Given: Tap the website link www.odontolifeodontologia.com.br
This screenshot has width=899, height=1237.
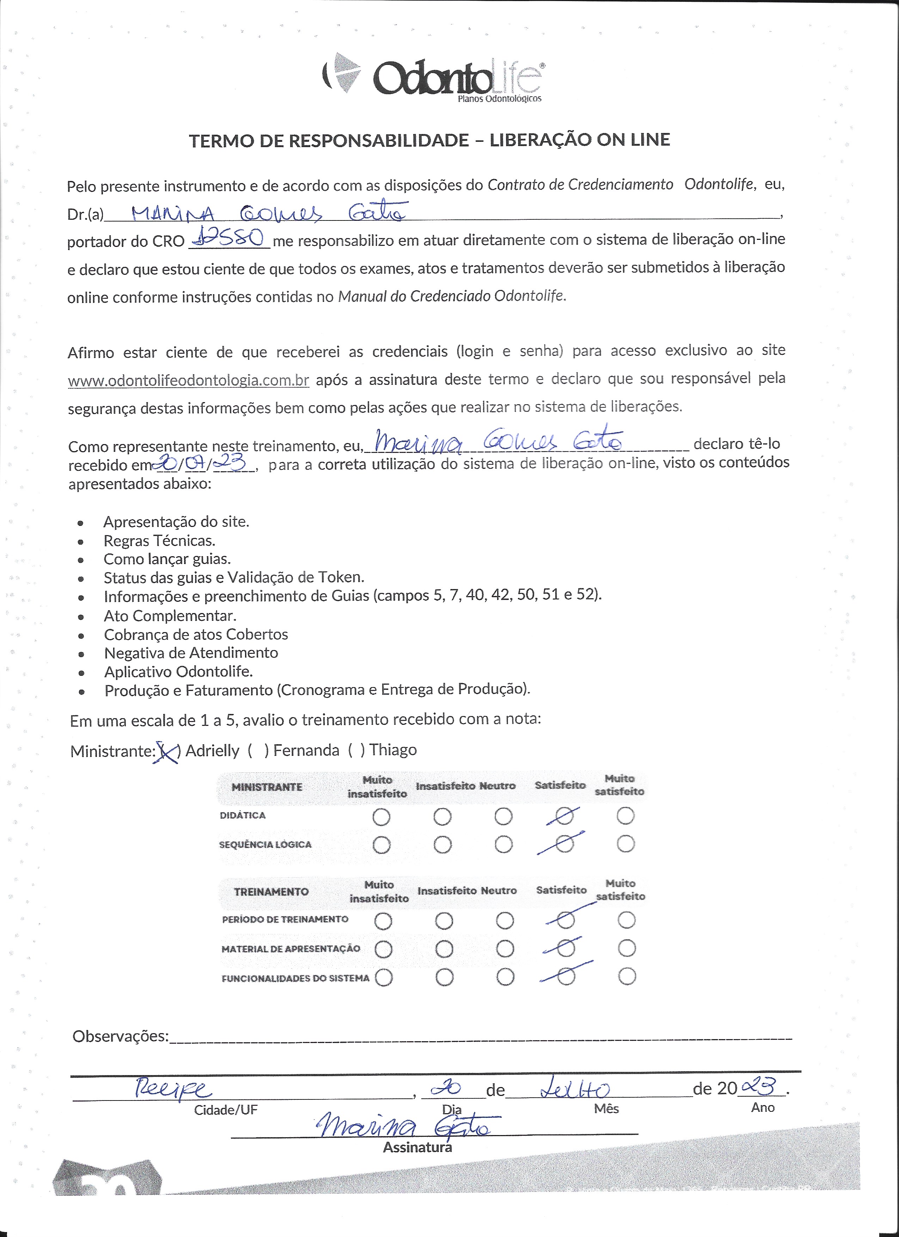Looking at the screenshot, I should pos(188,380).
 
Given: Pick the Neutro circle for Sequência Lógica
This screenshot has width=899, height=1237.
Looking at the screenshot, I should pos(503,844).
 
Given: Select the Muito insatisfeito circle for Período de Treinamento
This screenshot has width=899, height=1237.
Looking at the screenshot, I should pos(383,921).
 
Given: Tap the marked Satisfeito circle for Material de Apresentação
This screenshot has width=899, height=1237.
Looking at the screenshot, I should pos(565,949).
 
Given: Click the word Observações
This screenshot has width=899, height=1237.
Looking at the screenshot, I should pos(121,1036).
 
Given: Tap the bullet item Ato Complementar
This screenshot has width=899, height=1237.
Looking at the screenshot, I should pos(170,616).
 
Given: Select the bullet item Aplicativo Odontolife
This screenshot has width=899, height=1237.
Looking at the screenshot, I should pos(179,671).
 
